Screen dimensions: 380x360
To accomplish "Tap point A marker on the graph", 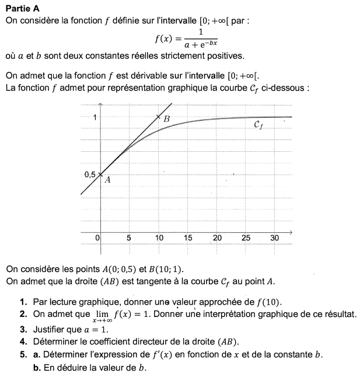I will click(100, 174).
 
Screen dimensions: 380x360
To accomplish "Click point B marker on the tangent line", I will click(159, 117).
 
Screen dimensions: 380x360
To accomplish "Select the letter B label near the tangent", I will click(167, 119).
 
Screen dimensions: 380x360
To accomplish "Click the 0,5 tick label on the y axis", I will click(89, 174).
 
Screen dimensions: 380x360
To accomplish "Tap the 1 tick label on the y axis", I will click(95, 117).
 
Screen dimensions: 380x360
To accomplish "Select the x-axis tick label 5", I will click(129, 238).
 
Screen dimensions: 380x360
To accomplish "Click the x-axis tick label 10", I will click(159, 238).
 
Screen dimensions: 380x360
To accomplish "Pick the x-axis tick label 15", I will click(188, 238).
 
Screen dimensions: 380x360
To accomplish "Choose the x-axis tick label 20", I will click(217, 238).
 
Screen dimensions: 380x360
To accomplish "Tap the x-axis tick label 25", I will click(246, 238).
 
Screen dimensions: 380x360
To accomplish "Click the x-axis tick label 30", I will click(275, 238).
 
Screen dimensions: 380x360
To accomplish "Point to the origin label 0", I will click(98, 238).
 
